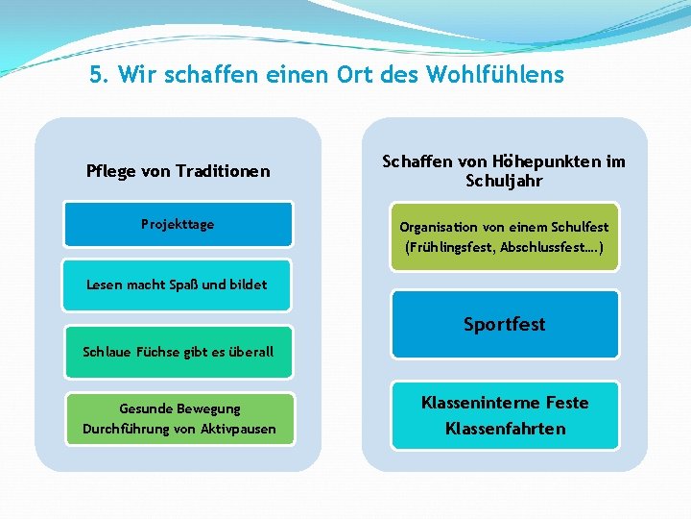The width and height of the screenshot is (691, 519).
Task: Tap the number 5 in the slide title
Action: (x=96, y=75)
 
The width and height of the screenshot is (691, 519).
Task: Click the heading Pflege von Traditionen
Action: (x=179, y=172)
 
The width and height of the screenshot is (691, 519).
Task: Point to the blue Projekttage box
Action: (x=178, y=225)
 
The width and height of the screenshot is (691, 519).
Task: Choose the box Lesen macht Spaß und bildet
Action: (x=177, y=284)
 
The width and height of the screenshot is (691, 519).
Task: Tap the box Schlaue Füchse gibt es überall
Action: (x=178, y=352)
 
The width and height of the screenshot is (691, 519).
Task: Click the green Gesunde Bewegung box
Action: (x=179, y=419)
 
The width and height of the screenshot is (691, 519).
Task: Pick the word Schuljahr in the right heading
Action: (x=504, y=182)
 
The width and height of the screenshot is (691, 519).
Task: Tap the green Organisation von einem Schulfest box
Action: (x=504, y=236)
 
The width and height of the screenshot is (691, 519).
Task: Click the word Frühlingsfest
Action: (x=448, y=247)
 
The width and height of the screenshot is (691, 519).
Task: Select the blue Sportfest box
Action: (x=504, y=325)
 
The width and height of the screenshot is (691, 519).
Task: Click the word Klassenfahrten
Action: (x=505, y=429)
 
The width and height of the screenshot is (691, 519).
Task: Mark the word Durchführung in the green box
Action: (x=126, y=429)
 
